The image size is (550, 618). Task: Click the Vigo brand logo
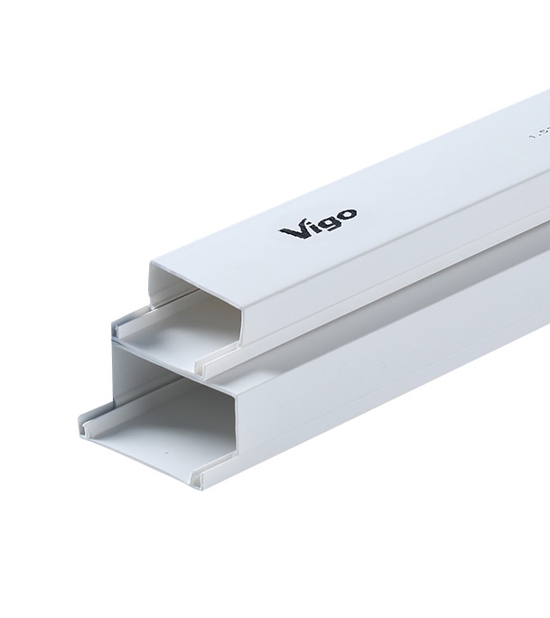(318, 222)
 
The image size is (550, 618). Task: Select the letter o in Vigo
(346, 214)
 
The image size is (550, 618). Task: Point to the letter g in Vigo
(327, 222)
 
